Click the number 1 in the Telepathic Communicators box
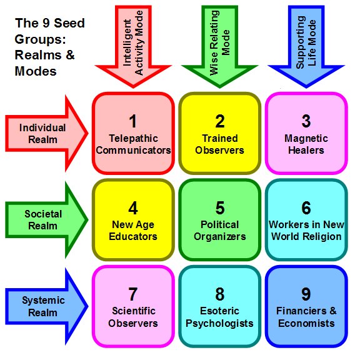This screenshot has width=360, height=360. (133, 121)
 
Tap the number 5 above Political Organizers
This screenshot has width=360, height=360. (220, 207)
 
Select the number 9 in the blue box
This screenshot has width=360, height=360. (306, 294)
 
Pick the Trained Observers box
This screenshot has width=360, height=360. (220, 133)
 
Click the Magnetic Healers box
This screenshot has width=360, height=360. (306, 133)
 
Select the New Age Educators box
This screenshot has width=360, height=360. (133, 220)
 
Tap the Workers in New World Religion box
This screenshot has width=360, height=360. (306, 220)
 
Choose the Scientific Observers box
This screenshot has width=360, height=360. (133, 306)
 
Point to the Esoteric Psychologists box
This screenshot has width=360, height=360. (220, 306)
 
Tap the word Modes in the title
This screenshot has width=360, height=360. (36, 71)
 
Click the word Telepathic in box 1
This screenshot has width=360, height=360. (133, 139)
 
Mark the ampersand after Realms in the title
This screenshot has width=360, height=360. (70, 55)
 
